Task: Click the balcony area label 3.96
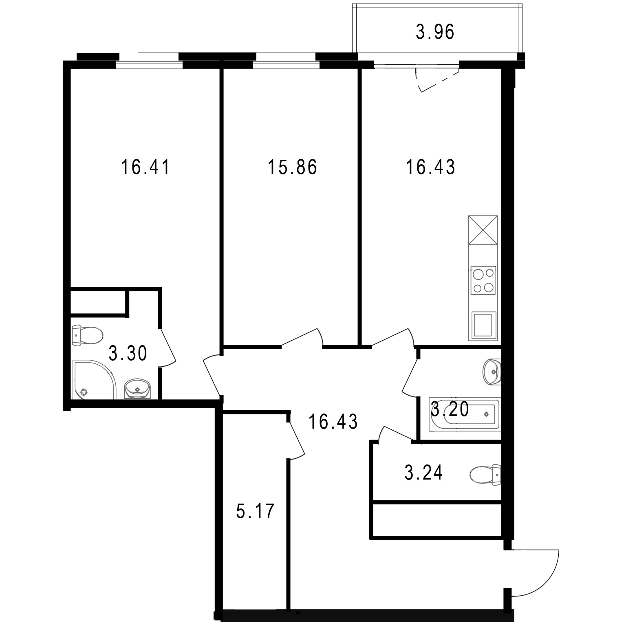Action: (x=434, y=32)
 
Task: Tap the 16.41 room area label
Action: (x=145, y=167)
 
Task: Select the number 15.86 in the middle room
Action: (x=292, y=167)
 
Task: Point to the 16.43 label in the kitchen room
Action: (x=430, y=167)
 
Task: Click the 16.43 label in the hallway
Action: (x=333, y=422)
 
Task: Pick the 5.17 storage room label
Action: (x=256, y=511)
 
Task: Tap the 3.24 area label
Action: (x=423, y=473)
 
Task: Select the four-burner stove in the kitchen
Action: (x=483, y=280)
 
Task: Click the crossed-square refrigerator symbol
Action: (x=483, y=230)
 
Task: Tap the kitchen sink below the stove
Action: (x=484, y=326)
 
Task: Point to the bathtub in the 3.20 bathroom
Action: (x=465, y=414)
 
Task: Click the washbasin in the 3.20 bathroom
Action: (x=492, y=372)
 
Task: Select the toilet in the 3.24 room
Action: (x=485, y=474)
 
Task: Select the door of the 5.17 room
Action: (x=296, y=439)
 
